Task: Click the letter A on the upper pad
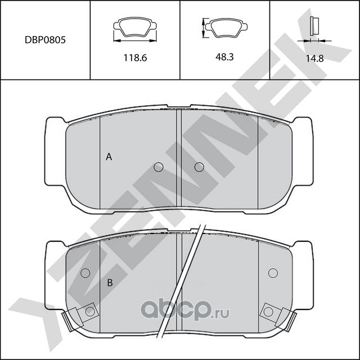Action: tap(110, 158)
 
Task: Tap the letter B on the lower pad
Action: tap(110, 282)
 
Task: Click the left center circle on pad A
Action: tap(158, 167)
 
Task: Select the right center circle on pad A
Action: tap(199, 167)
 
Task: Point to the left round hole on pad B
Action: tap(85, 273)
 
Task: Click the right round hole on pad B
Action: tap(273, 273)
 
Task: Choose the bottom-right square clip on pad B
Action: tap(269, 311)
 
